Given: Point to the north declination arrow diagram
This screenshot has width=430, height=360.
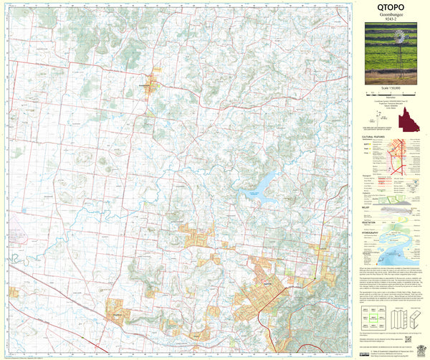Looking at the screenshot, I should [x=375, y=118].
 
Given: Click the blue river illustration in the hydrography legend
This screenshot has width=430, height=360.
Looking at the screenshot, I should [x=398, y=251].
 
